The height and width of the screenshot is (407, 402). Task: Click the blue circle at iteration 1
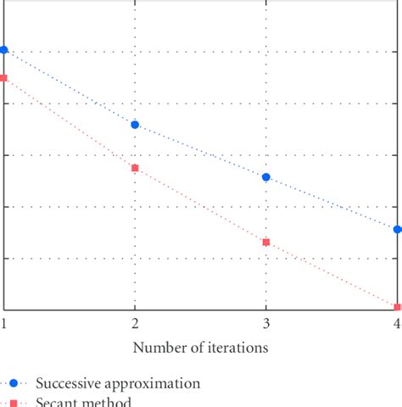4,50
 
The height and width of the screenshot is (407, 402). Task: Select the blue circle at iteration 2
135,125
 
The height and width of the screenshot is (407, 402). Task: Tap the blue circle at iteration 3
266,177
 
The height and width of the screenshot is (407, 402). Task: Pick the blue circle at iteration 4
397,230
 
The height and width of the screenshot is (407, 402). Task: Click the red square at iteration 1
4,78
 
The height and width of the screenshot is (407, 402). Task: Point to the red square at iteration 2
135,168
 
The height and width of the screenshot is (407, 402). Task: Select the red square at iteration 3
266,243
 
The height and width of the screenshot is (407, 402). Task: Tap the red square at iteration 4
397,307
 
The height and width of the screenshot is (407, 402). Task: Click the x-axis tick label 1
4,324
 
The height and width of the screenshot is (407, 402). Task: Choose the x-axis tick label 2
135,324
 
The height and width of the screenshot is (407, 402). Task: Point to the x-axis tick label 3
266,324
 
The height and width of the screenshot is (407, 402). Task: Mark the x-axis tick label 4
397,324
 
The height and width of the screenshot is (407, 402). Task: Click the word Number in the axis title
158,348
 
